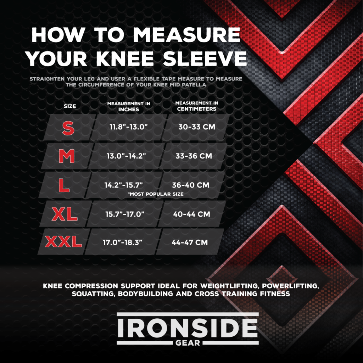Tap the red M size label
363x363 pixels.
[x=67, y=156]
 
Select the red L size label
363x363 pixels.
[x=64, y=185]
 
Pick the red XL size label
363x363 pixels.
[x=65, y=214]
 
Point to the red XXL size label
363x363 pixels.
[x=63, y=242]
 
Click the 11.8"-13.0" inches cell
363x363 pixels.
[x=128, y=127]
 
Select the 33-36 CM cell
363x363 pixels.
[x=194, y=156]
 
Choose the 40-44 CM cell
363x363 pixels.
[x=191, y=214]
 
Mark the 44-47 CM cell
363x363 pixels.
[x=190, y=243]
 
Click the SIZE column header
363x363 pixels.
[x=70, y=106]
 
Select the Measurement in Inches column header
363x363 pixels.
[x=129, y=106]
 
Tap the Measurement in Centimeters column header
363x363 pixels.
[x=197, y=106]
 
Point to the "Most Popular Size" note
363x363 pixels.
[x=156, y=194]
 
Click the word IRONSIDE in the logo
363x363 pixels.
[x=188, y=328]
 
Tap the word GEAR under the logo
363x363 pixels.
[x=188, y=343]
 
